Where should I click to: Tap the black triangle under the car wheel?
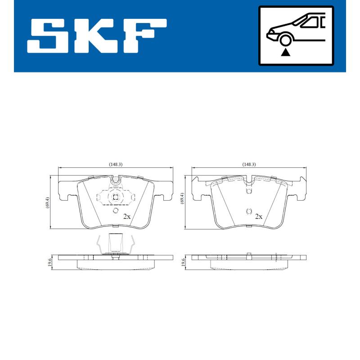tap(285, 53)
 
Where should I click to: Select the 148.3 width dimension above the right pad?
tap(248, 164)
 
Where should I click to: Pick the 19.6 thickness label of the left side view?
tap(49, 262)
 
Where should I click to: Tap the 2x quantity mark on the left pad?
tap(127, 216)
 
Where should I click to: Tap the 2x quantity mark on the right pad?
tap(259, 216)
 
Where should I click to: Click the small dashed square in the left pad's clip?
tap(115, 197)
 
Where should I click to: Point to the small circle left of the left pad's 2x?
tap(115, 211)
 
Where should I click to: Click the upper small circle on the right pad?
tap(248, 192)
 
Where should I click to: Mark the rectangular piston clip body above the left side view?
tap(116, 243)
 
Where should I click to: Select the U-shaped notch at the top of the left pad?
tap(116, 181)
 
